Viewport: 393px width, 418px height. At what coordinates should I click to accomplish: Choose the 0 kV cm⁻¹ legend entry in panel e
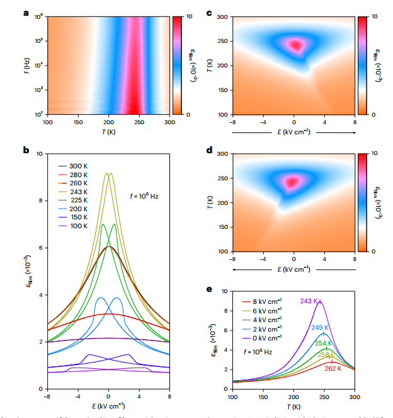pos(267,338)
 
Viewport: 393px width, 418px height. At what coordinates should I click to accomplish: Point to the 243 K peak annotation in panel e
pos(309,301)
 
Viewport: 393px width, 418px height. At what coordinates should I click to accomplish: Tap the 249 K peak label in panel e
pos(321,328)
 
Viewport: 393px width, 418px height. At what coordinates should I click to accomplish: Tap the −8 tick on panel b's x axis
pos(47,397)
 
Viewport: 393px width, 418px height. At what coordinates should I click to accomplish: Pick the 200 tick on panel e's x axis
pos(293,397)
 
